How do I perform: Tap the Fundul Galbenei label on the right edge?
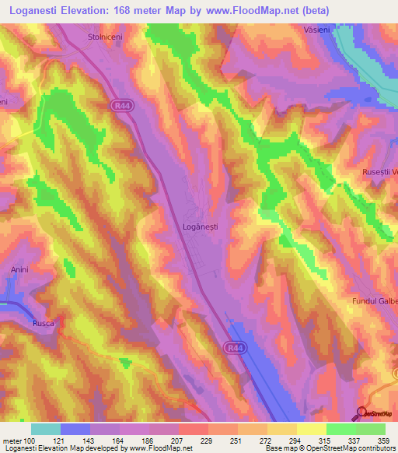(372, 300)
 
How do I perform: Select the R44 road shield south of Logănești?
(234, 347)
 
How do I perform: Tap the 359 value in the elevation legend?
(382, 441)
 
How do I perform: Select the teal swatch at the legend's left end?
(46, 429)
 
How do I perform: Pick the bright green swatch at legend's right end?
(371, 429)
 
